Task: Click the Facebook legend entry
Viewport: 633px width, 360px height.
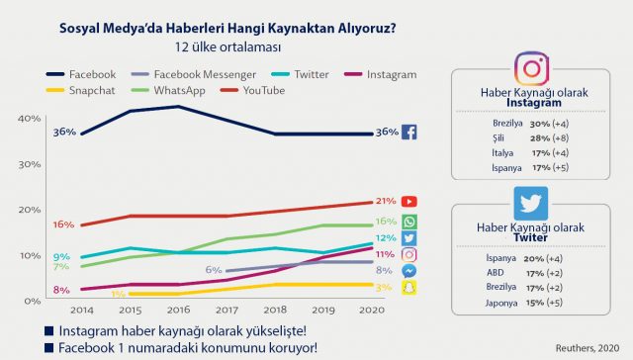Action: (x=79, y=74)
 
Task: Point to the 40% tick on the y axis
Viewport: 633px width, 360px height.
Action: (x=29, y=119)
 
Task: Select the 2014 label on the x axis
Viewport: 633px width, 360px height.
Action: (x=81, y=310)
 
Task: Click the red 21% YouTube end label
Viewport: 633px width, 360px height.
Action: (x=385, y=202)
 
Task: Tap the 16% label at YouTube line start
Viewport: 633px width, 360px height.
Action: (x=64, y=225)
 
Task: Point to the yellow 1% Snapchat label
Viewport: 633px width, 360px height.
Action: (x=118, y=294)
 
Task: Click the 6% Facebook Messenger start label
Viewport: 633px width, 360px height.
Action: (x=213, y=269)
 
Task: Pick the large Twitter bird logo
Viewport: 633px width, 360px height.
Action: (x=531, y=202)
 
